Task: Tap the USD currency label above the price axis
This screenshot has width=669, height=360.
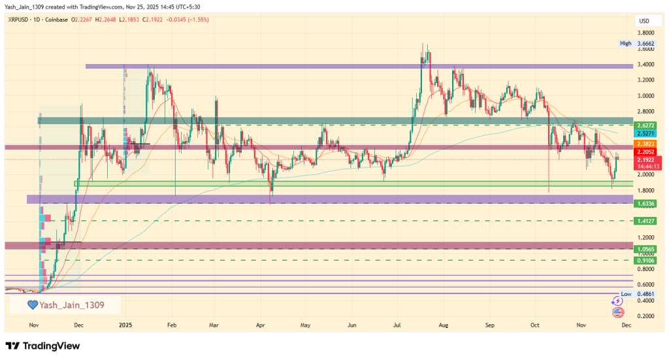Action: [644, 20]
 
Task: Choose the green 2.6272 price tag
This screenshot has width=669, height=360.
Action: [645, 124]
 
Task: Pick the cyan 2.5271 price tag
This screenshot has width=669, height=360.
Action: [645, 133]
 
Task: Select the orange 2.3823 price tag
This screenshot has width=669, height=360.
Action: [645, 143]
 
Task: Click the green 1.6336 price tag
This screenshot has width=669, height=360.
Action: [645, 203]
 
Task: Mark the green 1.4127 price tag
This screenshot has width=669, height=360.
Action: [645, 221]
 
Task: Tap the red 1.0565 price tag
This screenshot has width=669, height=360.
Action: [645, 249]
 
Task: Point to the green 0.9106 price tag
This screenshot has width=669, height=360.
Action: [645, 260]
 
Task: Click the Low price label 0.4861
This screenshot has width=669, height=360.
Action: [645, 294]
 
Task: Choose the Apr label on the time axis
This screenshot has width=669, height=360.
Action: [260, 323]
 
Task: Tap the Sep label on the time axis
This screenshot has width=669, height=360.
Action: [491, 323]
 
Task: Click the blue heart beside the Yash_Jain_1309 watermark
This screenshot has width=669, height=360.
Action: [31, 304]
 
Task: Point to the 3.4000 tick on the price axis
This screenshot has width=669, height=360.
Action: [645, 64]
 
